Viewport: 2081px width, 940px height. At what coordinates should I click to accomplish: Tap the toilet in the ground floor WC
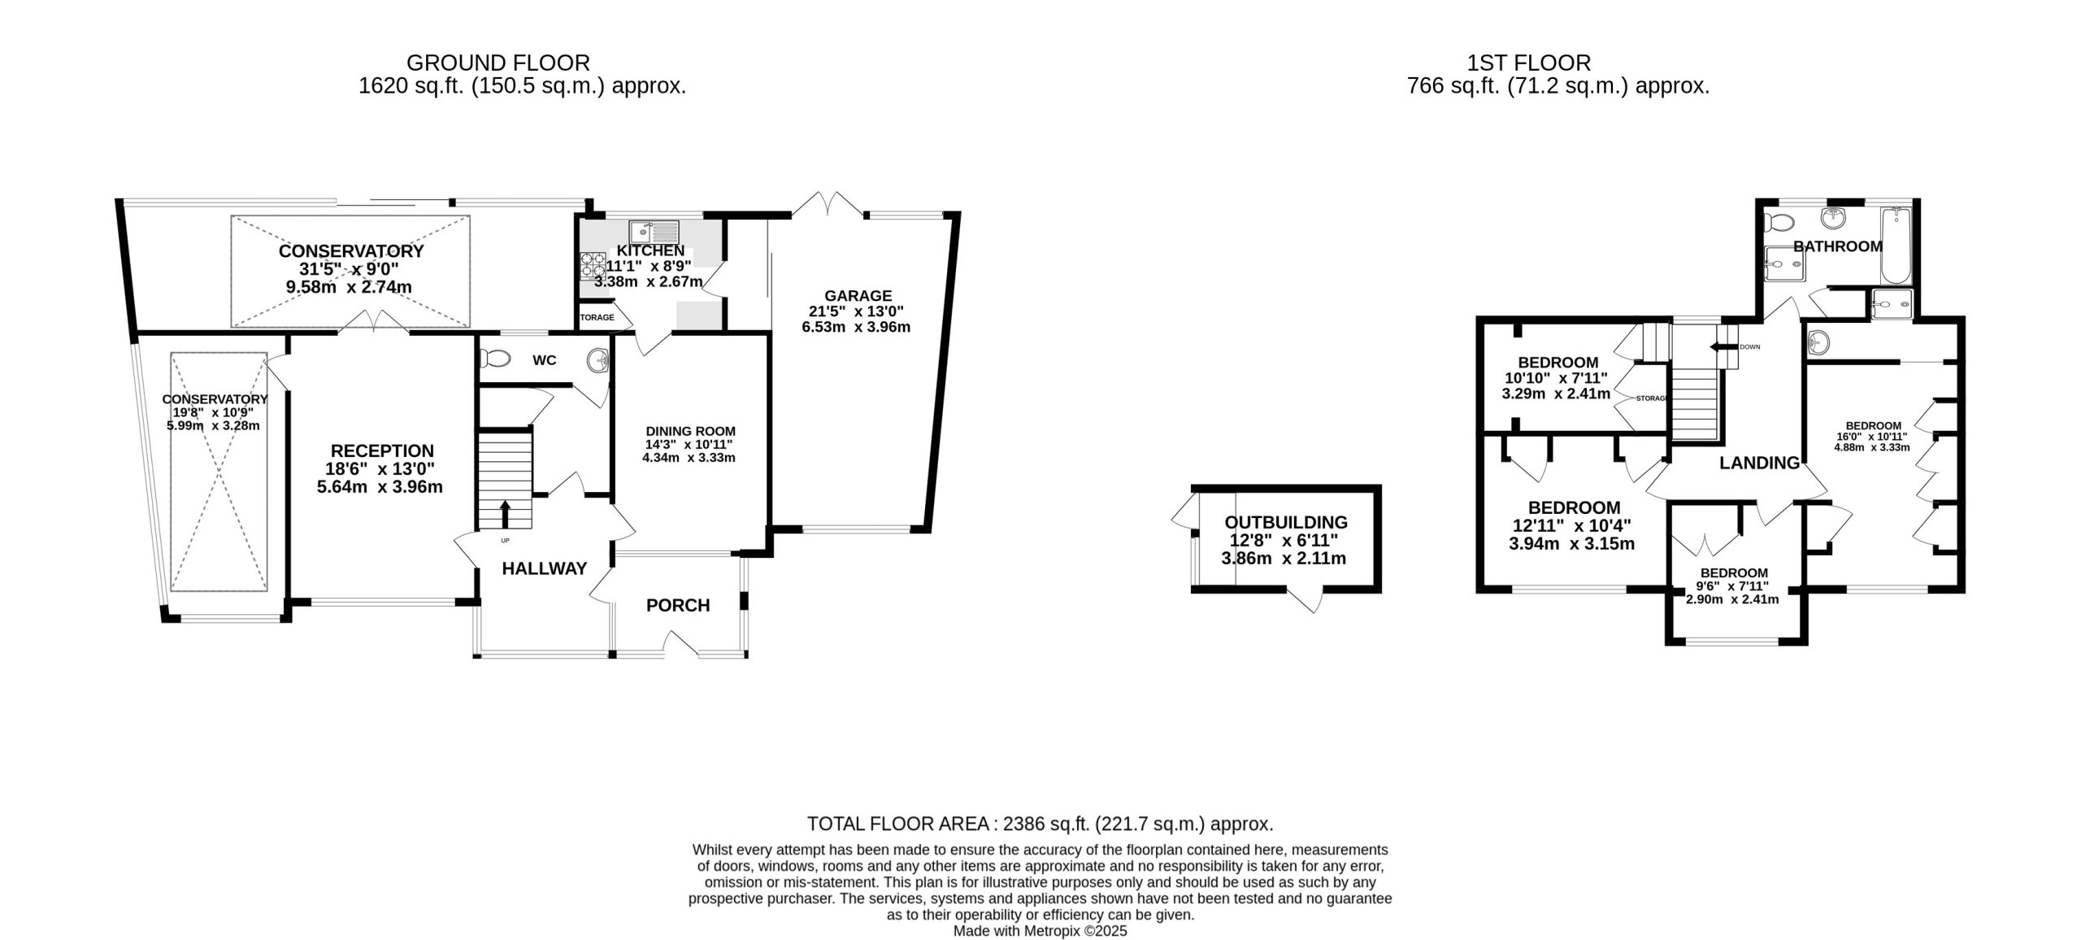click(x=494, y=358)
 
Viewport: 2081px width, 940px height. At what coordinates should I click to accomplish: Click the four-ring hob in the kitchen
click(x=592, y=265)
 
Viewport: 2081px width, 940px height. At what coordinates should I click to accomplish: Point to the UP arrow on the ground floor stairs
click(x=505, y=514)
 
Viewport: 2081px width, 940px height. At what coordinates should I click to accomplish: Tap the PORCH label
click(x=678, y=605)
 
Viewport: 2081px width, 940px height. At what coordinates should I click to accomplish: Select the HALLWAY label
click(x=544, y=569)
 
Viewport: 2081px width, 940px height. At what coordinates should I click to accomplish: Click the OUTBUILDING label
click(x=1285, y=523)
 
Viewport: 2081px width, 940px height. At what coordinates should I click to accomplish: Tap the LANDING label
click(x=1759, y=463)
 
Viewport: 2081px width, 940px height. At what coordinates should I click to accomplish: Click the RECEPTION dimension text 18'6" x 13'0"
click(x=382, y=469)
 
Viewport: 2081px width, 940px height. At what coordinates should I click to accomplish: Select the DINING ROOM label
click(x=690, y=432)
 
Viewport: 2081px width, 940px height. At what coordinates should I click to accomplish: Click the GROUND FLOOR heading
click(x=497, y=63)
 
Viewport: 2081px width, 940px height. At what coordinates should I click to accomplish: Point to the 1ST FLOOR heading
click(x=1528, y=63)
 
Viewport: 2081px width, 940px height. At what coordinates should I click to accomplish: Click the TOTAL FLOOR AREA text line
click(x=1040, y=824)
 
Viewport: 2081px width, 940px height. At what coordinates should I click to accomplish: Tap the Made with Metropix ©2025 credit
click(x=1040, y=931)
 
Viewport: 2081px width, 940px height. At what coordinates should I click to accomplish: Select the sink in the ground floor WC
click(x=597, y=359)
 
